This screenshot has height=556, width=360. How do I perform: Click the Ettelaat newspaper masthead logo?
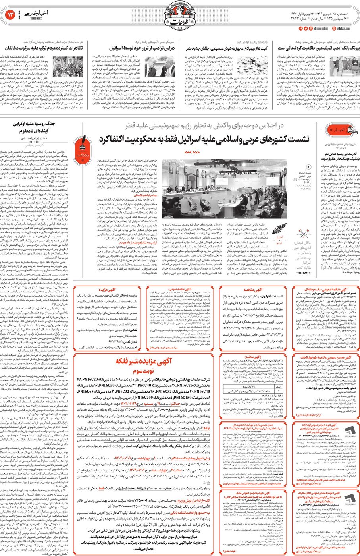(180, 21)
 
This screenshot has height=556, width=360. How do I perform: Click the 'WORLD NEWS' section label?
(33, 19)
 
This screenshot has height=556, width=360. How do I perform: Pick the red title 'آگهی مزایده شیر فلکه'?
(144, 361)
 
